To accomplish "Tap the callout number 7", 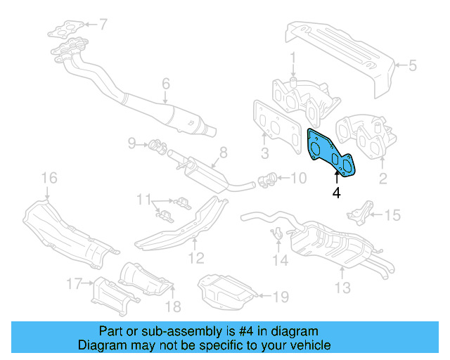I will click(103, 25).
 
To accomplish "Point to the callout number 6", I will click(166, 84).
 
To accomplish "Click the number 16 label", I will click(48, 177).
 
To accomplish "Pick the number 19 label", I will click(281, 297).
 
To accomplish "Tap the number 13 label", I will click(342, 288).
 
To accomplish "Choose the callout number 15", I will click(392, 215).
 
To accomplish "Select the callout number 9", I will click(131, 144).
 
